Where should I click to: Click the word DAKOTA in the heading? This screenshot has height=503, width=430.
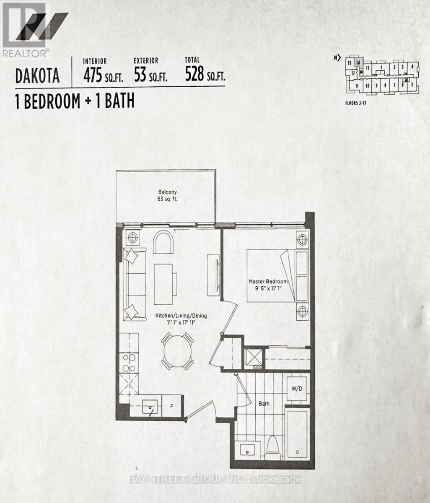point(37,76)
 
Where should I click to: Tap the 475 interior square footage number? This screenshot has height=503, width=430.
point(92,75)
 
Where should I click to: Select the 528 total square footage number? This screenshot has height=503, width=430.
point(194,75)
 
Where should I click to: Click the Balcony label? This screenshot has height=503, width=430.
point(166,192)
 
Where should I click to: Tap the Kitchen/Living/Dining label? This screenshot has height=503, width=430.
point(175,316)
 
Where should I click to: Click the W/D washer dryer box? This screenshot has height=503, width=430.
point(297,389)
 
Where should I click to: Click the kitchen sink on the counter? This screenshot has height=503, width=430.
point(150,407)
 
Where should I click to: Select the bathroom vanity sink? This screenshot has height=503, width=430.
point(247,451)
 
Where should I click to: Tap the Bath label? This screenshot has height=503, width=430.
point(264,404)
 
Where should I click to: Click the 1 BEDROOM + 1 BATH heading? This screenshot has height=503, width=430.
point(75,101)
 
